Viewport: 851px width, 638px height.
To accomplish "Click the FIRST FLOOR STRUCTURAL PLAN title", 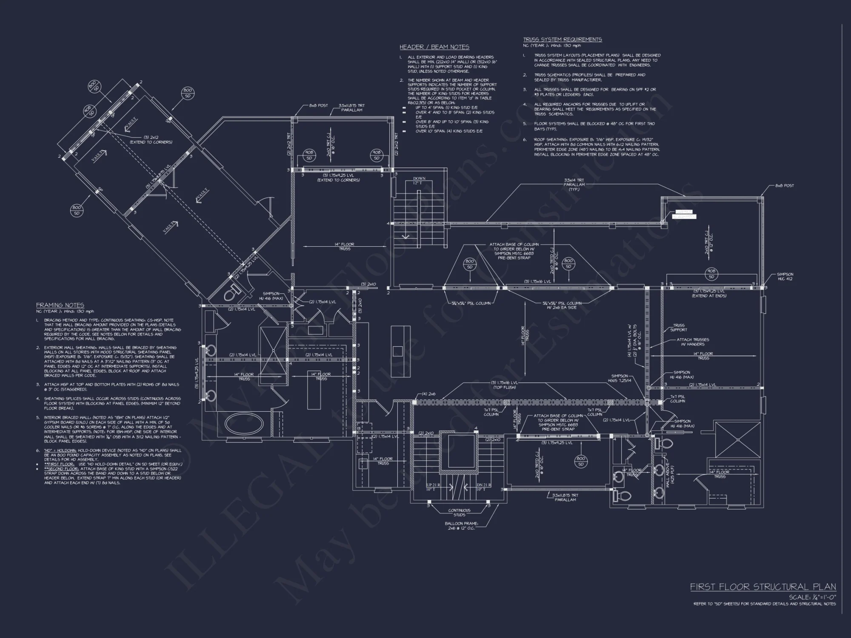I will [762, 587].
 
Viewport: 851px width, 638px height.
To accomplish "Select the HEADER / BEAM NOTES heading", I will [434, 47].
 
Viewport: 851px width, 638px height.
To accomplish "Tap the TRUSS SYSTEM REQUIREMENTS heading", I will [562, 40].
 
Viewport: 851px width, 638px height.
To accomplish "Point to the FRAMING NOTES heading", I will [60, 305].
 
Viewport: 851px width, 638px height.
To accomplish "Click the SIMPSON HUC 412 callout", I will [785, 276].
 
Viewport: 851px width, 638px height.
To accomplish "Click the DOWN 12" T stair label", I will [419, 180].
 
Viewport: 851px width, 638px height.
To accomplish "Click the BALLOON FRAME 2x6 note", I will [461, 525].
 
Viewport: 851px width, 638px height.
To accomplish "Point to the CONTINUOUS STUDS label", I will [459, 512].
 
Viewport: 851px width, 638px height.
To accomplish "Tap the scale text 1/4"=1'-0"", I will [812, 597].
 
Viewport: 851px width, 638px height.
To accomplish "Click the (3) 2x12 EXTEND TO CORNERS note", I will [157, 140].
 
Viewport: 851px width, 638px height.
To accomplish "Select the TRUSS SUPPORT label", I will [679, 327].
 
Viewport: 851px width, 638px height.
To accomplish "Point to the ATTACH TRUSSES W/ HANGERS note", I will [693, 342].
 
